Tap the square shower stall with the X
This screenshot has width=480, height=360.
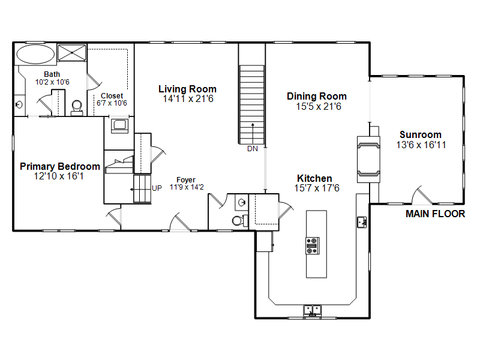72,53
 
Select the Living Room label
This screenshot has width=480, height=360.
187,89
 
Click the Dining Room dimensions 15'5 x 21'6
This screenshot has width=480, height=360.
319,107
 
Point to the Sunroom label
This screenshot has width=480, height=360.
421,134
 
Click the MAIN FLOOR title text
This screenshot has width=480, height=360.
436,214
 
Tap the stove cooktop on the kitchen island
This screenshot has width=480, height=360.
312,245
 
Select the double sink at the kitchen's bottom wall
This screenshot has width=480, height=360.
312,310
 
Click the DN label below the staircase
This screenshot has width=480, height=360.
253,149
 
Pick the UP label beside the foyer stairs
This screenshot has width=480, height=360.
157,188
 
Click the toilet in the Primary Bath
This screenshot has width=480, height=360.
77,107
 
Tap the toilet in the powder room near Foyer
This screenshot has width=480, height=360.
239,220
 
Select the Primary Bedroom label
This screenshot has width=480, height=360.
60,167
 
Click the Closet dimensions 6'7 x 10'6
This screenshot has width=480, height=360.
112,103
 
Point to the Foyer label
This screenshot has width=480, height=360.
186,179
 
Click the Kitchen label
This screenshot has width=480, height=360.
314,178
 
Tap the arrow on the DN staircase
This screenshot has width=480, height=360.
253,133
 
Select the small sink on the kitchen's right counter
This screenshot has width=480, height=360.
362,222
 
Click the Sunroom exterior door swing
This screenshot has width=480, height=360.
422,196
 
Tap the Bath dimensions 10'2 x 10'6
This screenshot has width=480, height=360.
52,82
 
